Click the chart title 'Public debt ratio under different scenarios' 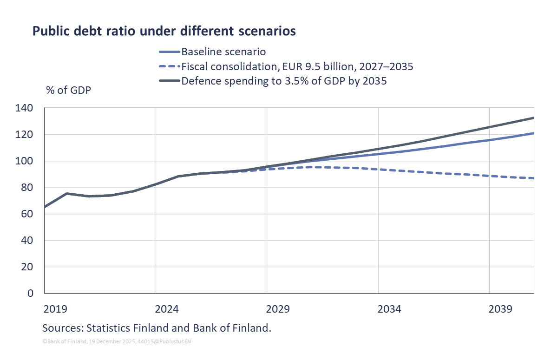(x=164, y=32)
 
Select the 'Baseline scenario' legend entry (x=223, y=51)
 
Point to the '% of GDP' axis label (x=68, y=90)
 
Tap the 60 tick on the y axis (x=28, y=214)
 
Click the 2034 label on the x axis (x=389, y=309)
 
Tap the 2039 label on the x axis (x=501, y=309)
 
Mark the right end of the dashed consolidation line (x=533, y=178)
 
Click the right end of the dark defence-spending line (x=533, y=118)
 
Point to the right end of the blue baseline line (x=533, y=133)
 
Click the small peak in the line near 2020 (x=67, y=193)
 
